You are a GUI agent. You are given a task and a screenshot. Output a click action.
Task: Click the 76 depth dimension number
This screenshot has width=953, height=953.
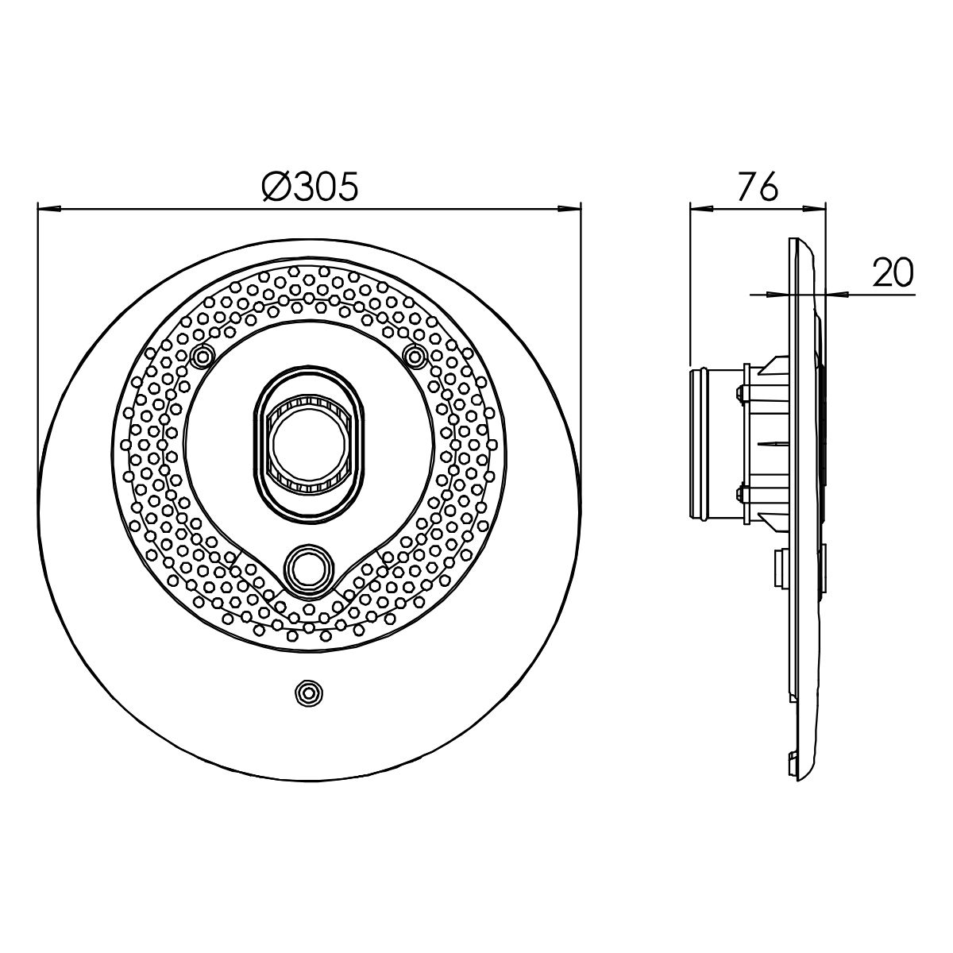click(758, 187)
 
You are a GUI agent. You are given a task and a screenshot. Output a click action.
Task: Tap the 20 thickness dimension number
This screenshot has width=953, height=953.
click(893, 272)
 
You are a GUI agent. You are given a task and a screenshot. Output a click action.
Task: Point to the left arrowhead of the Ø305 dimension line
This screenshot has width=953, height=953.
click(48, 209)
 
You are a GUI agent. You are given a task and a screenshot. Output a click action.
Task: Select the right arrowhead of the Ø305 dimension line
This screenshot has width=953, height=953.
click(569, 209)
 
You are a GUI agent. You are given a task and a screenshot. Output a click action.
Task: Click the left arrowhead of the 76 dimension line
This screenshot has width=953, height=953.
click(700, 209)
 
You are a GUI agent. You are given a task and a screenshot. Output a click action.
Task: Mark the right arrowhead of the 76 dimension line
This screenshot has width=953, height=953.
click(815, 209)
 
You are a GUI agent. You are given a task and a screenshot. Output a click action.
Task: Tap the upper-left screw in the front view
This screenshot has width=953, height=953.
click(202, 355)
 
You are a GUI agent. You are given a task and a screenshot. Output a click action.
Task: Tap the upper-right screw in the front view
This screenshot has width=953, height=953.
click(415, 355)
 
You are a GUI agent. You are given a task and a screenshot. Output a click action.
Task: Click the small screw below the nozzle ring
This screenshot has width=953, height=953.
click(309, 692)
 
